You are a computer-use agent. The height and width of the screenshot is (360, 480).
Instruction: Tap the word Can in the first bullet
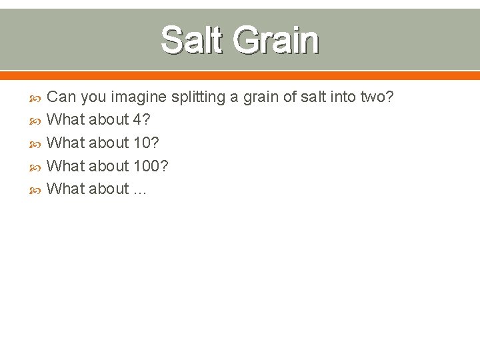coord(62,97)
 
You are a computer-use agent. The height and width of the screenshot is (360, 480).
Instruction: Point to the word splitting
coord(198,97)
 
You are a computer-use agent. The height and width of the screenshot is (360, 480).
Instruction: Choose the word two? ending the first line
coord(377,97)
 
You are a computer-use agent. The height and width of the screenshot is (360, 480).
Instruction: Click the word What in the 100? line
coord(66,166)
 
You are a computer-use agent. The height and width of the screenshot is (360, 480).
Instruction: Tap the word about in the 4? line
coord(109,120)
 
